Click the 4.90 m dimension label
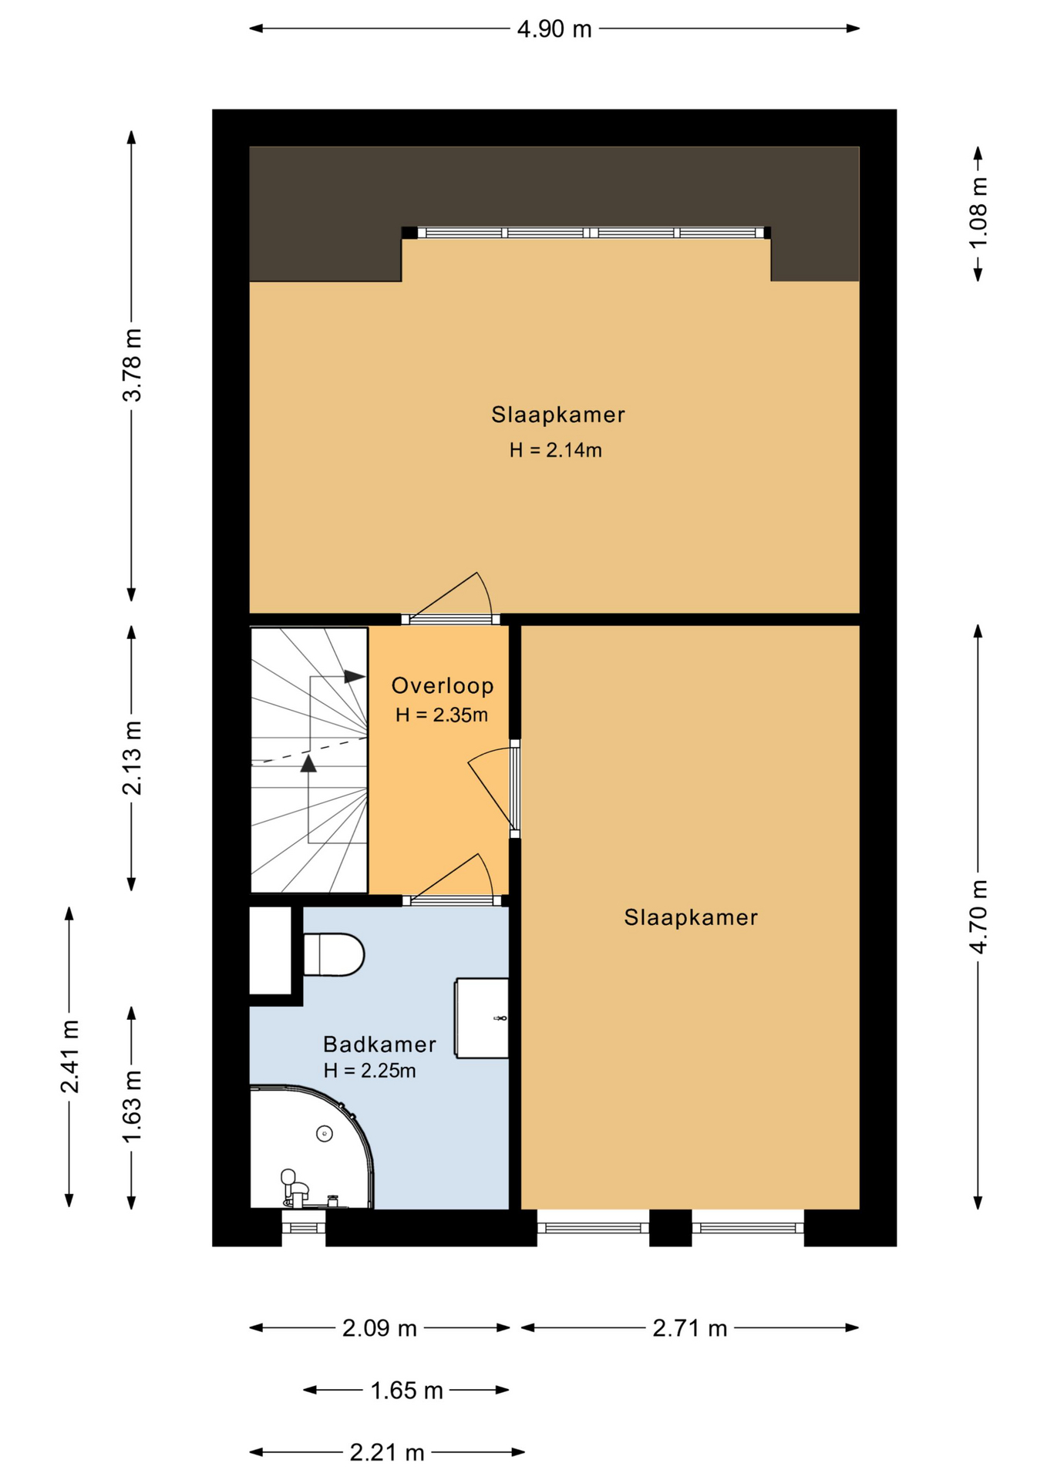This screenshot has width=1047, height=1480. click(554, 29)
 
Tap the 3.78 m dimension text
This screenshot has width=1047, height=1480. click(133, 365)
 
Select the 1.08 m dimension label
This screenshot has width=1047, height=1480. click(978, 213)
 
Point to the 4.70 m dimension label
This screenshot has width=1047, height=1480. click(978, 917)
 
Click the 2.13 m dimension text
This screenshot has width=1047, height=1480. click(133, 758)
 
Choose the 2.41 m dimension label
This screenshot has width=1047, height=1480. click(70, 1056)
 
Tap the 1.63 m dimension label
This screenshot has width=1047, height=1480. click(133, 1107)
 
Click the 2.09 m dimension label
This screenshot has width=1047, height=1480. click(379, 1328)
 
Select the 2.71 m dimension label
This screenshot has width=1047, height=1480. click(690, 1328)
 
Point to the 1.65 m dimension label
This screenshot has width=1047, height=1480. click(407, 1391)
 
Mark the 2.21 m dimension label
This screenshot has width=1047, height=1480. click(387, 1453)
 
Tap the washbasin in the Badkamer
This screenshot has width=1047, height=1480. click(481, 1017)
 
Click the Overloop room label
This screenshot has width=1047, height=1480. click(443, 685)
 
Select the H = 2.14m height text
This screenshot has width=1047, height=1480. click(555, 450)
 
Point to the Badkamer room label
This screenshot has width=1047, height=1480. click(379, 1044)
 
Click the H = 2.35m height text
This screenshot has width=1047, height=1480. click(442, 715)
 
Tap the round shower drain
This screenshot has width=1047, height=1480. click(325, 1134)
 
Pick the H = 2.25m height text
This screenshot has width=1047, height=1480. click(370, 1071)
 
